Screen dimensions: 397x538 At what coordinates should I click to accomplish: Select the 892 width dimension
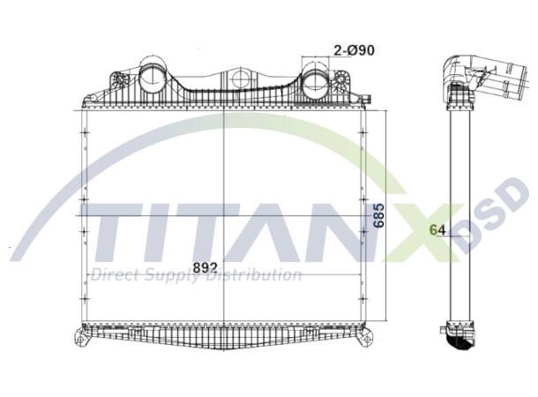pyautogui.click(x=205, y=267)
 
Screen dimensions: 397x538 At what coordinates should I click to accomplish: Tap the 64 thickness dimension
pyautogui.click(x=436, y=230)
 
